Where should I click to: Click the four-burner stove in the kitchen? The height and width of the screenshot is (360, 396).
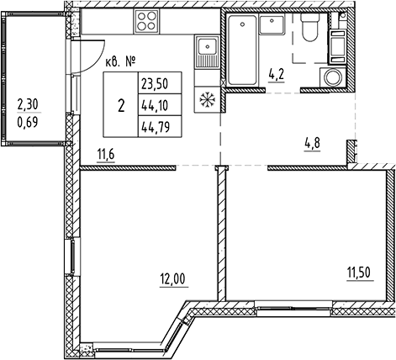[146, 22]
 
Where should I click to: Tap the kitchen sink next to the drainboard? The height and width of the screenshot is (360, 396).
[207, 46]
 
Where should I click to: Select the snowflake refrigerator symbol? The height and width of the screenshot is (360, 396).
[207, 99]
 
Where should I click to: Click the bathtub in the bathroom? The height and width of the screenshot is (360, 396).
[242, 50]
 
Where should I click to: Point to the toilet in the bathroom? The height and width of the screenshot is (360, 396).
[309, 27]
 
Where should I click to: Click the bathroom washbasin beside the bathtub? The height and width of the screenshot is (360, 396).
[272, 25]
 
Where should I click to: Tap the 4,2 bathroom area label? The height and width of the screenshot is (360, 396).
[277, 75]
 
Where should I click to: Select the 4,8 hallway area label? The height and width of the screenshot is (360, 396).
[312, 144]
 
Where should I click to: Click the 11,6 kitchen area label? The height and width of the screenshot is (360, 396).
[106, 155]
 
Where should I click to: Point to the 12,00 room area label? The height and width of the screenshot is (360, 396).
[173, 279]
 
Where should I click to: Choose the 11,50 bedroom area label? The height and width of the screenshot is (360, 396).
[359, 273]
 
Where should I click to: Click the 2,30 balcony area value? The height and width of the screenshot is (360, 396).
[28, 105]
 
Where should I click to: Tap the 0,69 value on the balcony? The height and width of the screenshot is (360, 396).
[28, 123]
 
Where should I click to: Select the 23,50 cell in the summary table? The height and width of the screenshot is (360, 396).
[155, 84]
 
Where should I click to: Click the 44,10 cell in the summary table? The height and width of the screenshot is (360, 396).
[155, 106]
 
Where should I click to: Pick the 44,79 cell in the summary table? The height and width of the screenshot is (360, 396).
[156, 128]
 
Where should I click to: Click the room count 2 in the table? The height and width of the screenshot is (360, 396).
[121, 107]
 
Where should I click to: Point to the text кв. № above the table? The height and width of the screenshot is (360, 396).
[120, 61]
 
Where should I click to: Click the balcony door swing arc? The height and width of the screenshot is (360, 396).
[96, 61]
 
